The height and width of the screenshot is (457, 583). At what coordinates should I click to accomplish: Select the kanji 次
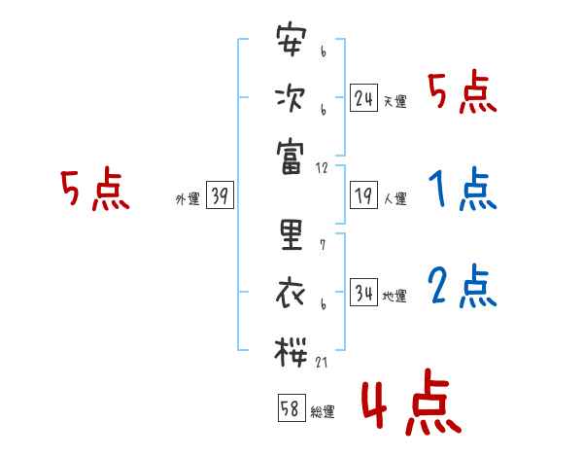(291, 98)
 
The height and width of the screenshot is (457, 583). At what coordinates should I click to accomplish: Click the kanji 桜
(291, 349)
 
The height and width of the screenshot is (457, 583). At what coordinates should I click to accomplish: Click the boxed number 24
(363, 98)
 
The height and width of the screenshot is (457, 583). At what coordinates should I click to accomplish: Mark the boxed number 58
(291, 409)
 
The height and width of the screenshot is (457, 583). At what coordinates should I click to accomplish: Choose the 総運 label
(322, 412)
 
